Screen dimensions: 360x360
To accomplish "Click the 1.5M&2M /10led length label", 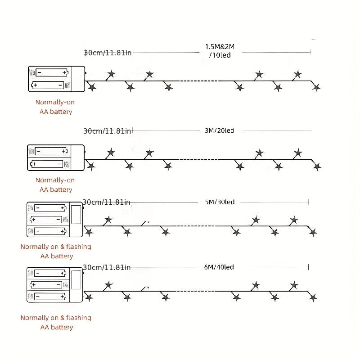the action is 220,51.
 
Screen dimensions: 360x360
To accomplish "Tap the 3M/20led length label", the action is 220,130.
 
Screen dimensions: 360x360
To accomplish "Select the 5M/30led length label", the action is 220,202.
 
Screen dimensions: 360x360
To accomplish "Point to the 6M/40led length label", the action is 219,267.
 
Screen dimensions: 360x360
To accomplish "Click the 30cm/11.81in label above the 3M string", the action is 107,131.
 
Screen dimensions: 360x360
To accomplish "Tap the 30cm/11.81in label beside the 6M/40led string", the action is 107,267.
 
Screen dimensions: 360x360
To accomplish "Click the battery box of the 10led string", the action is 57,79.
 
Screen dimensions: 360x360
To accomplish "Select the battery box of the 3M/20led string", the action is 56,158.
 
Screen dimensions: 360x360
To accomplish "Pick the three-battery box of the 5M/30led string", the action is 55,220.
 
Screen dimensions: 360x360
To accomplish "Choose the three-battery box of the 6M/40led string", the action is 55,285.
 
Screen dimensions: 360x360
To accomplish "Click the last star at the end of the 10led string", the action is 317,87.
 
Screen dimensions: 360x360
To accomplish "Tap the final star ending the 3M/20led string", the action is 317,166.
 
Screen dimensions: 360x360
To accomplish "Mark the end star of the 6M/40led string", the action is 313,298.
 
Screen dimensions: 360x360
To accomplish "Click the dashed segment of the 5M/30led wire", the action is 196,226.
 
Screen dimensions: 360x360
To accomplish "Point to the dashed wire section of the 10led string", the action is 199,81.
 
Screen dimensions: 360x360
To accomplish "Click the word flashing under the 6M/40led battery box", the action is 78,318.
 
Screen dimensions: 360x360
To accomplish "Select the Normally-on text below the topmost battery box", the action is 55,102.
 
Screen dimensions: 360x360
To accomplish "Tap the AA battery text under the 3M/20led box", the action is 56,189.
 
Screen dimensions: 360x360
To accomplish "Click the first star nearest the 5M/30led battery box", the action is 89,232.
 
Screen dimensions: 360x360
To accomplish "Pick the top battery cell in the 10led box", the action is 52,73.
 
